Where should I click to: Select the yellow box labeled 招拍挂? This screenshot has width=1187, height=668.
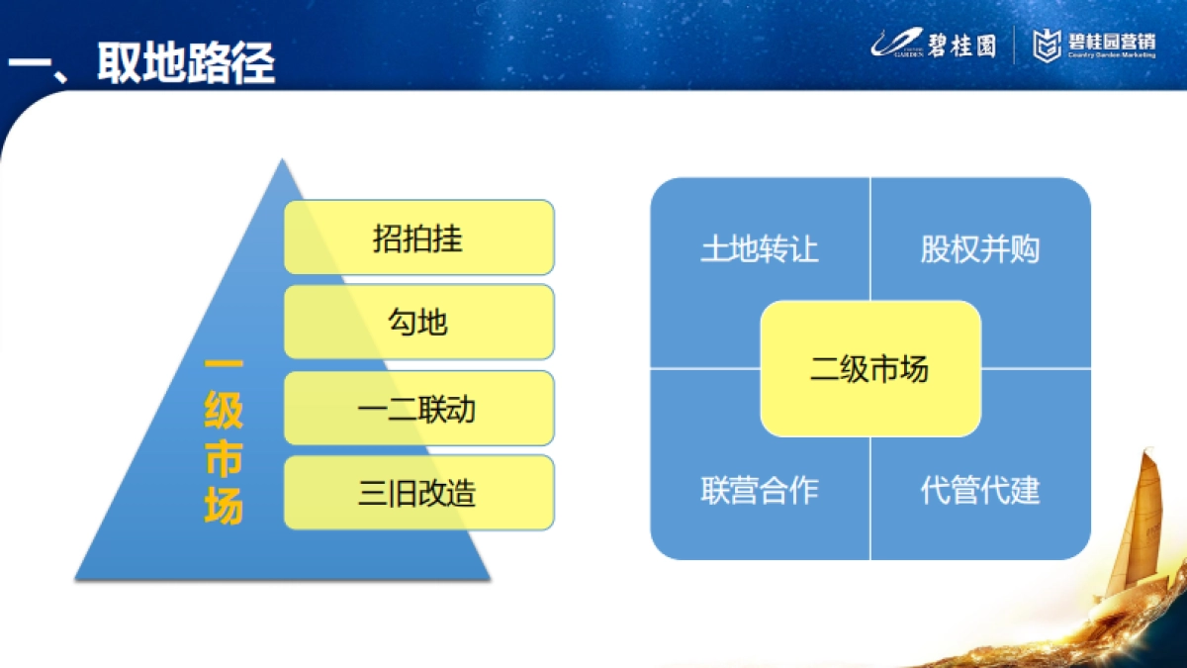point(418,238)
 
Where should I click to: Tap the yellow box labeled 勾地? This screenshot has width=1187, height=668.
point(418,322)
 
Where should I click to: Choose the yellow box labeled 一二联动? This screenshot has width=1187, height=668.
point(418,408)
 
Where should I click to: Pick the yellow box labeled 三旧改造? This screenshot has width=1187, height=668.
point(418,492)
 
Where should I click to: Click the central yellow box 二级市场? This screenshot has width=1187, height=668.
point(870,369)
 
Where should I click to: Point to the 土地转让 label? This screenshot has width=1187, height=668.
point(760,248)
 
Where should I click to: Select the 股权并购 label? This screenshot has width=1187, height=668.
point(980,248)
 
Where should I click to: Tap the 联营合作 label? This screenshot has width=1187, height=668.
point(760,490)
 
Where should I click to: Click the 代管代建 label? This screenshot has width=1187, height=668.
point(980,490)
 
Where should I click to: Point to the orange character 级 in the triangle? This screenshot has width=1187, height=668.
point(224,413)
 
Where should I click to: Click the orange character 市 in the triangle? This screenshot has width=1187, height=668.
point(224,460)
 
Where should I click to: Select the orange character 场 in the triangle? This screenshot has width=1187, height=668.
point(224,508)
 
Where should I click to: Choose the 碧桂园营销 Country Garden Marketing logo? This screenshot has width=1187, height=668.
point(1095,45)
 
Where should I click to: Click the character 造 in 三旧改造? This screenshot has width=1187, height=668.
point(462,492)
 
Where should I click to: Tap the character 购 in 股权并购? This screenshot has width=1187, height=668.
point(1026,248)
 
